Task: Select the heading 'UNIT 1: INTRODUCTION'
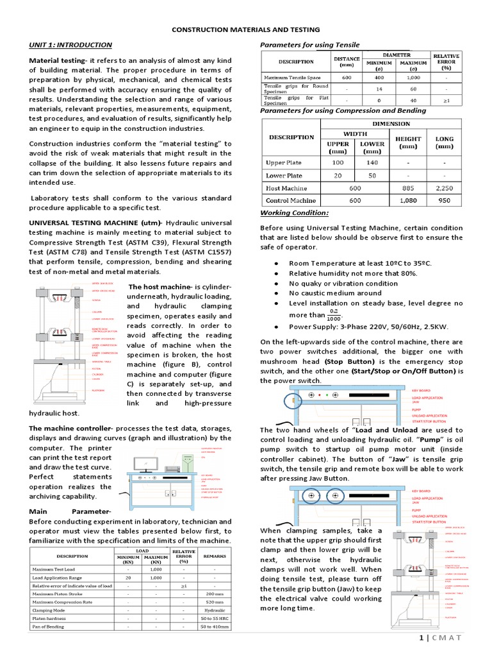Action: click(70, 45)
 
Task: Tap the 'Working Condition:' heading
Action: click(294, 213)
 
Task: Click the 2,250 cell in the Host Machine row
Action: click(445, 188)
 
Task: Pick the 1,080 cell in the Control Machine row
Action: click(407, 201)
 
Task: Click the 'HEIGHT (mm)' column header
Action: click(407, 142)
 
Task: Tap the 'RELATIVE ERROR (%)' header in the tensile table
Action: click(447, 62)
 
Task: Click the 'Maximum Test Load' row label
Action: click(56, 569)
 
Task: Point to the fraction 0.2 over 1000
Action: click(332, 315)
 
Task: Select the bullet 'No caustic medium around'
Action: click(335, 293)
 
